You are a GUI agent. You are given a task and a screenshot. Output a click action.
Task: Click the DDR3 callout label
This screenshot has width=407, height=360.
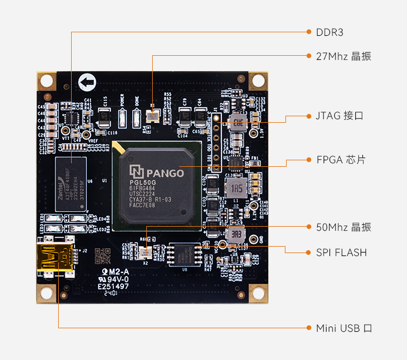(x=329, y=32)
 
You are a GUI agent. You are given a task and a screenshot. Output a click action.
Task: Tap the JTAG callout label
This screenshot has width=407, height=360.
(x=339, y=116)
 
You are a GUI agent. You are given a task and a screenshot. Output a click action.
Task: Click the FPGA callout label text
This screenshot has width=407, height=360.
(x=341, y=159)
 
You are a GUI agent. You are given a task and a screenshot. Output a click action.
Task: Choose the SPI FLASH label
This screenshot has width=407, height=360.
(x=341, y=253)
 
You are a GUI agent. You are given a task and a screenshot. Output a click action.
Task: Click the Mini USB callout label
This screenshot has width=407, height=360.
(x=344, y=328)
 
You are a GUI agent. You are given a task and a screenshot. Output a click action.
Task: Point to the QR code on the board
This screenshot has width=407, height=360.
(x=102, y=255)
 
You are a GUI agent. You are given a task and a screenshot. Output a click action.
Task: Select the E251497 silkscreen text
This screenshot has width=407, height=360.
(x=113, y=286)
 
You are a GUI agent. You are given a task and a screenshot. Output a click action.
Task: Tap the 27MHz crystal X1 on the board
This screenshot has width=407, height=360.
(x=153, y=115)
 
